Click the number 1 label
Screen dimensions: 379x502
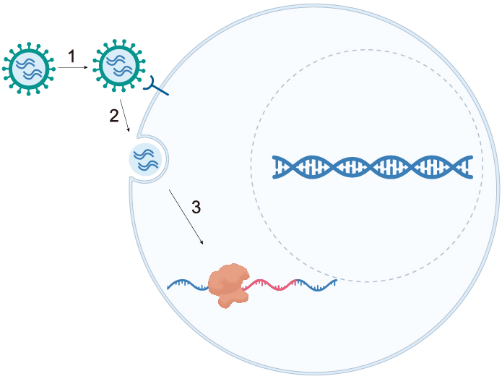72,56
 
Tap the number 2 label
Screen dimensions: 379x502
113,116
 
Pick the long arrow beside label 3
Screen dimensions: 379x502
186,216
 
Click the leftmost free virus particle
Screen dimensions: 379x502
28,69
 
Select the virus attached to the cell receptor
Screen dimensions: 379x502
118,65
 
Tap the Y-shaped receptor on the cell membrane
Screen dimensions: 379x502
157,86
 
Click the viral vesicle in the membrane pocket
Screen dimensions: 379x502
144,159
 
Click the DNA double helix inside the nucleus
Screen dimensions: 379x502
372,167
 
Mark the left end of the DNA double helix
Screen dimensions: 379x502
276,167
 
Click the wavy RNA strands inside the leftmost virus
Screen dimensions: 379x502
28,69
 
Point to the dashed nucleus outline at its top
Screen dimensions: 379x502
367,50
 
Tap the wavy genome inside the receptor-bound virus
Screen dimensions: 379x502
118,66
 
